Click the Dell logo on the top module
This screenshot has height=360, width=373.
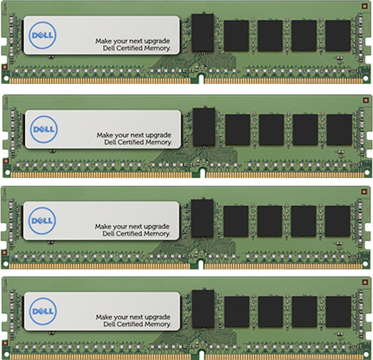coord(43,35)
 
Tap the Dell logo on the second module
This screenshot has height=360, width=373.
coord(44,129)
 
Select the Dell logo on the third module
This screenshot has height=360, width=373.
coord(42,221)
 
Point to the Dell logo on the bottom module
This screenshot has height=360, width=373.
coord(43,311)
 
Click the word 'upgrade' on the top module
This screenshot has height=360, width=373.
coord(157,41)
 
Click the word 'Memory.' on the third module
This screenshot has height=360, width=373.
coord(158,234)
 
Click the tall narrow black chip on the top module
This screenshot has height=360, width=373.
coord(202,33)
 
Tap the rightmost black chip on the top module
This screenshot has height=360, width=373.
coord(338,36)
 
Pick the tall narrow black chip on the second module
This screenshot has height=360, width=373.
coord(204,127)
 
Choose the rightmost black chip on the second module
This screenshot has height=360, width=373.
coord(339,130)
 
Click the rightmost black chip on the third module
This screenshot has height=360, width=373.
coord(337,221)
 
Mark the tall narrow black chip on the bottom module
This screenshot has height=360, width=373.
coord(203,309)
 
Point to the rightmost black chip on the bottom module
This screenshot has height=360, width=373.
coord(338,312)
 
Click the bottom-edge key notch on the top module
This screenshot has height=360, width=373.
coord(201,79)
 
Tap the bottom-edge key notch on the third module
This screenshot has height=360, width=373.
coord(200,265)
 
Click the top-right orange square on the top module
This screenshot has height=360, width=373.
coord(365,6)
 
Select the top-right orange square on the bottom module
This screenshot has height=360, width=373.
coord(365,282)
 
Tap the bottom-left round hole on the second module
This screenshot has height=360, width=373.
coord(8,172)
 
